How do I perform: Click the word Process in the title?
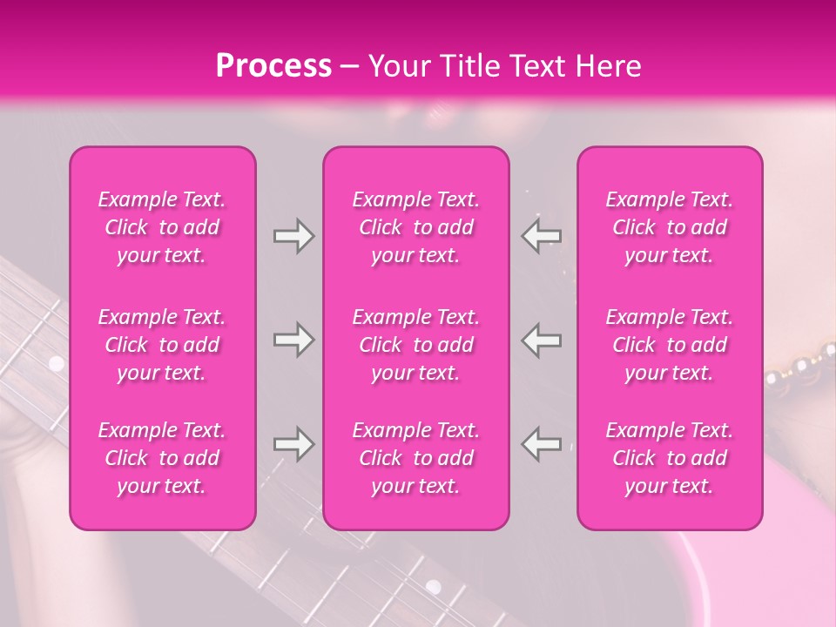click(x=273, y=66)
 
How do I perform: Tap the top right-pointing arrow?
click(x=293, y=236)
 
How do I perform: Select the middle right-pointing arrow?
click(x=293, y=340)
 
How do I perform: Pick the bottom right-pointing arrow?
click(x=293, y=444)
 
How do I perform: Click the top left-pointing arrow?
click(x=541, y=236)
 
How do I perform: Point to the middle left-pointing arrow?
click(x=541, y=340)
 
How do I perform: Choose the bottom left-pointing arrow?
click(x=541, y=444)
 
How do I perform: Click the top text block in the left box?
click(x=162, y=227)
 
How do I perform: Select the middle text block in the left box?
click(x=162, y=345)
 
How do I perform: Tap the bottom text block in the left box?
click(x=162, y=458)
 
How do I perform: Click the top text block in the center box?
click(x=416, y=227)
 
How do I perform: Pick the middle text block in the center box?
click(x=416, y=345)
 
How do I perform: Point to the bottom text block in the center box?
click(x=416, y=458)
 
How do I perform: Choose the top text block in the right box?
click(x=670, y=227)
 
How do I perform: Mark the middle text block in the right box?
click(x=670, y=345)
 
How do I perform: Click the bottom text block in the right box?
click(x=670, y=458)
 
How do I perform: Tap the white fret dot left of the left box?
click(x=57, y=362)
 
